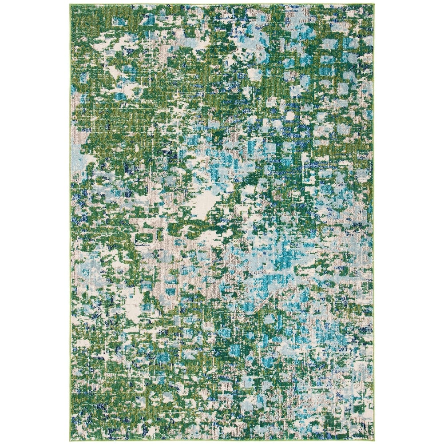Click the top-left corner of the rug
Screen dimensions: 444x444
71,5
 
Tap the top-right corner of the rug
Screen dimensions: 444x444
373,5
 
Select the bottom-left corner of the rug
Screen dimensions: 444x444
71,439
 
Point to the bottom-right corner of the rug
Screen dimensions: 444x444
373,439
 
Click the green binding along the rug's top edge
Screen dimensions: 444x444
222,5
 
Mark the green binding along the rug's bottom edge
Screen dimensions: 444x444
222,439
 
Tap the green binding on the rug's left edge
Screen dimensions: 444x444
71,222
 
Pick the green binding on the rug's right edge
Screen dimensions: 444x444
373,222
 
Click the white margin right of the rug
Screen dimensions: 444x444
408,222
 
